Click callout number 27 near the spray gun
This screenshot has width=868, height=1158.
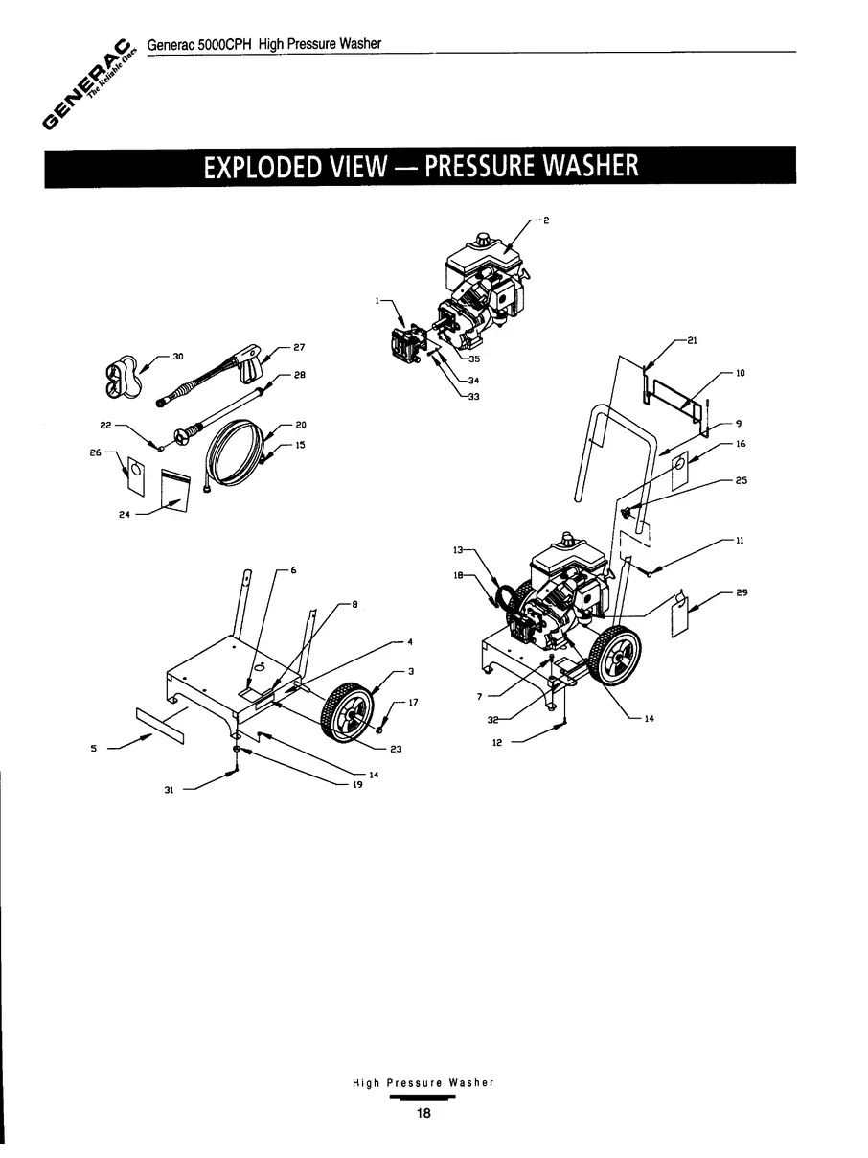tap(299, 347)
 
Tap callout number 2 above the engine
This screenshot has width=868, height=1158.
tap(546, 221)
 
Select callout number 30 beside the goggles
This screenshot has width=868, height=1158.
tap(178, 356)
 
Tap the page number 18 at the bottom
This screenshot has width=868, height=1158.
tap(423, 1114)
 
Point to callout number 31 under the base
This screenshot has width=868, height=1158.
tap(169, 791)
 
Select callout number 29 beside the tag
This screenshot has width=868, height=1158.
tap(742, 593)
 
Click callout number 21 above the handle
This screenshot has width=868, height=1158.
tap(692, 340)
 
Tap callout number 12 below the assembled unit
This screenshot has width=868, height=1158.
tap(496, 742)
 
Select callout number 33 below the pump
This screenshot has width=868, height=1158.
tap(473, 399)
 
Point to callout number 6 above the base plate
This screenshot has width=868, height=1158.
tap(293, 570)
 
